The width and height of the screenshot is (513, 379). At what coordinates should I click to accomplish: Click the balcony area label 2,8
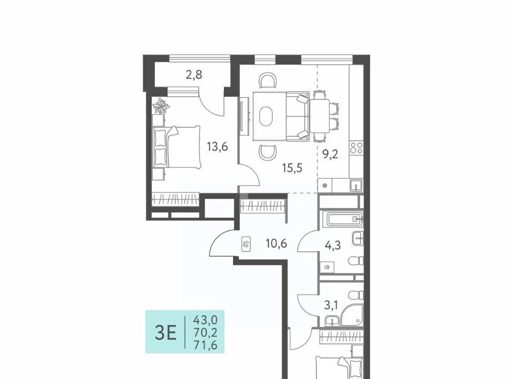(194, 75)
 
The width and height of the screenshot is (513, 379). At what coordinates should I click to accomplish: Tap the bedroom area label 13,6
(217, 147)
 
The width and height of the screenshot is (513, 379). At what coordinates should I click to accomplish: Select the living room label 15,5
(292, 168)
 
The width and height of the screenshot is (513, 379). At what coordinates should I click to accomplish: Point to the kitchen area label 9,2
(330, 154)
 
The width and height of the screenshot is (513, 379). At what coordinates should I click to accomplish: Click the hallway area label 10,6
(276, 243)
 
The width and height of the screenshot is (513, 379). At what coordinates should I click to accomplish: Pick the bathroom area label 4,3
(333, 245)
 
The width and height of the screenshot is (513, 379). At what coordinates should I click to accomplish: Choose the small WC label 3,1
(331, 305)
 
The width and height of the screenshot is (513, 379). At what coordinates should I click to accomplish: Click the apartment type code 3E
(166, 333)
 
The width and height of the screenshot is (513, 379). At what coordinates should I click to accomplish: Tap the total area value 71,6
(205, 345)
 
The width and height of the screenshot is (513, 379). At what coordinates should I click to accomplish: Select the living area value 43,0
(205, 319)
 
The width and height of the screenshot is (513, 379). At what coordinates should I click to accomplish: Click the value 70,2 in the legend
(205, 332)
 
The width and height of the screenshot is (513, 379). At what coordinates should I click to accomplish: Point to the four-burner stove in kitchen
(356, 148)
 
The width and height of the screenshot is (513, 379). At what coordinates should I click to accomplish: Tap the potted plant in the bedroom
(161, 106)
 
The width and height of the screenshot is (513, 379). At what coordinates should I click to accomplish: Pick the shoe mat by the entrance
(246, 244)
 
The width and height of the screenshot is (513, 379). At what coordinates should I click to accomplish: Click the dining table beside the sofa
(320, 116)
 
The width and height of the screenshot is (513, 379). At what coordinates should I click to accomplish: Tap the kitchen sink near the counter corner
(356, 185)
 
